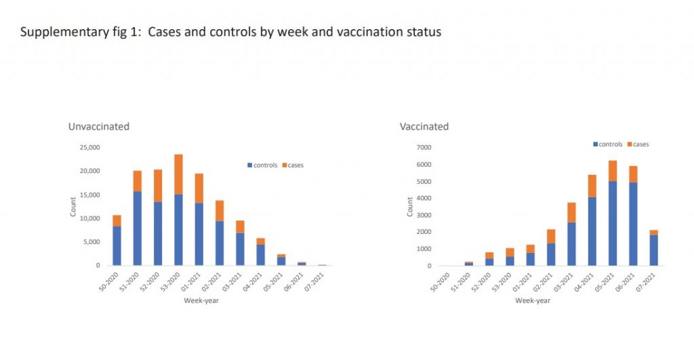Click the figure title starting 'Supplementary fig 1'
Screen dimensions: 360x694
pos(230,32)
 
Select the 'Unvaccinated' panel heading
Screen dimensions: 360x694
pos(98,126)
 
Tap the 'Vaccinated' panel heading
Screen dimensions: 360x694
pos(424,126)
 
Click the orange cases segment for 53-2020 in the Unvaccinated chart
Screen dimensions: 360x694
pos(178,174)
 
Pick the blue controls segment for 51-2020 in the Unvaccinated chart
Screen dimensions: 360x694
pos(138,228)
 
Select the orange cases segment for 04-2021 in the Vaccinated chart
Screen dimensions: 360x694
pos(592,186)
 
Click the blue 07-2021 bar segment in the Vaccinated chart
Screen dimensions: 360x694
pos(653,250)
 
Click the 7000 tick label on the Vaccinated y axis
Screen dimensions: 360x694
pos(425,147)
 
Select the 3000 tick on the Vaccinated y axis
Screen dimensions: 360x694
pos(425,215)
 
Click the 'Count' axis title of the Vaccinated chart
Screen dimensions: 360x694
pos(410,206)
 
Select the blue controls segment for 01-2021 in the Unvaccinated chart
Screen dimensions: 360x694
pos(199,234)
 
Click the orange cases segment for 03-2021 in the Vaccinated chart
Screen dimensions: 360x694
pos(572,212)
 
